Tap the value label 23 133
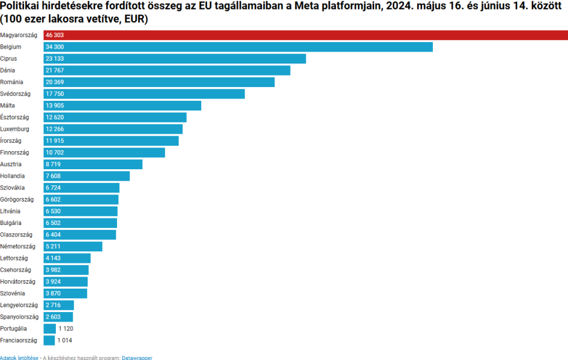[x=55, y=59]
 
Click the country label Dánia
[x=8, y=70]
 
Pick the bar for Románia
[x=159, y=82]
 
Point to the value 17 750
[x=55, y=94]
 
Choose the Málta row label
[x=8, y=106]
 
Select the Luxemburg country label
[x=14, y=129]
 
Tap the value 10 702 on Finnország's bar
[x=55, y=152]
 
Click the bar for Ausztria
[x=93, y=164]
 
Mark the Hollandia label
[x=13, y=176]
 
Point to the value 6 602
[x=53, y=199]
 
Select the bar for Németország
[x=73, y=247]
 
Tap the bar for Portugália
[x=49, y=329]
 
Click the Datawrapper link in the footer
[x=137, y=358]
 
